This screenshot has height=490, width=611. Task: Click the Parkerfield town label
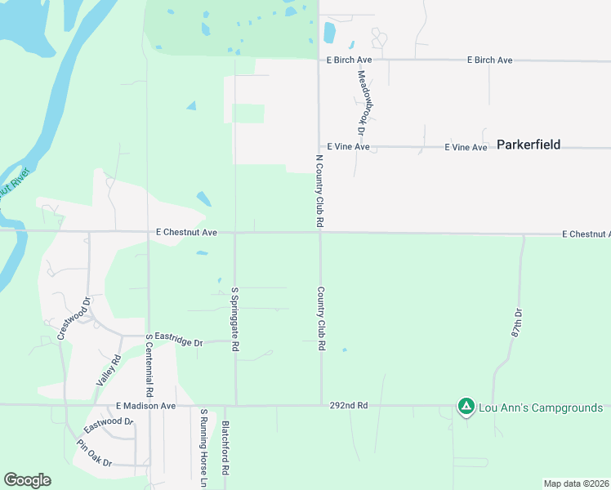pyautogui.click(x=528, y=145)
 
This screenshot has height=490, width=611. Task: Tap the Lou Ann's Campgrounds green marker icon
pyautogui.click(x=466, y=407)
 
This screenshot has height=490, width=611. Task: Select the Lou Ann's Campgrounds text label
pyautogui.click(x=541, y=408)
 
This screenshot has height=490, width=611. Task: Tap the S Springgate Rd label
pyautogui.click(x=235, y=319)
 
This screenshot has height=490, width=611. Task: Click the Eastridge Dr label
pyautogui.click(x=178, y=343)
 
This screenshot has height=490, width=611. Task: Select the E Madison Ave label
pyautogui.click(x=145, y=405)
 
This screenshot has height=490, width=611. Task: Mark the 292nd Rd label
pyautogui.click(x=350, y=405)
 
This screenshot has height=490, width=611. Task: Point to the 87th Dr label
pyautogui.click(x=516, y=323)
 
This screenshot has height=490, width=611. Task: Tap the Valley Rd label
pyautogui.click(x=109, y=370)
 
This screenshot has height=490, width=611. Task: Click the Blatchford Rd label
pyautogui.click(x=225, y=448)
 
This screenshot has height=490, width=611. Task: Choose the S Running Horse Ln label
pyautogui.click(x=203, y=448)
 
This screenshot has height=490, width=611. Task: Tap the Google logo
pyautogui.click(x=27, y=480)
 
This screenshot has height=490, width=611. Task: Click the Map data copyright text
pyautogui.click(x=575, y=483)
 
